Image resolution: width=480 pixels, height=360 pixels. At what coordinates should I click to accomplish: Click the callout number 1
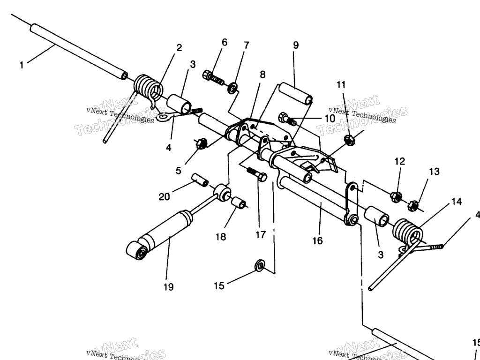21,65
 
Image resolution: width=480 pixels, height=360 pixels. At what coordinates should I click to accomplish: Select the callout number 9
295,45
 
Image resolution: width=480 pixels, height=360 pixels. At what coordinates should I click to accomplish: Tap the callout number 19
168,287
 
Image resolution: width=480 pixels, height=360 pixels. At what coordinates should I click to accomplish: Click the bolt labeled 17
257,174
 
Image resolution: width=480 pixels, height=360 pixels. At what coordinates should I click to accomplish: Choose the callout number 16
317,240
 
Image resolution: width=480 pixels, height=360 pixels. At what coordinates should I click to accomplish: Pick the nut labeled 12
395,196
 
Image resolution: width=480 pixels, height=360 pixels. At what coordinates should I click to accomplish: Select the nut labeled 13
413,204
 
